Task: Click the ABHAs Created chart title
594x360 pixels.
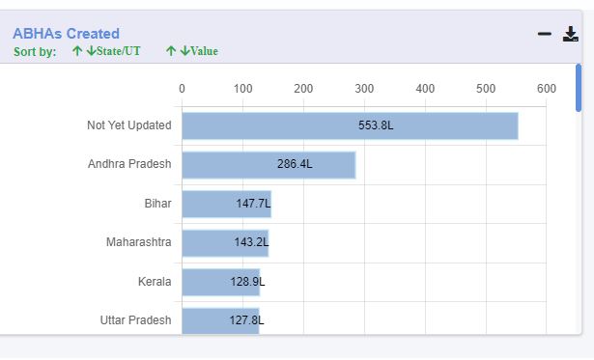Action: (x=66, y=33)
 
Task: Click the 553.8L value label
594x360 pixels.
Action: (x=376, y=125)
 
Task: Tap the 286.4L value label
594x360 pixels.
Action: (x=295, y=164)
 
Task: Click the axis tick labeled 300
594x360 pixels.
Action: (x=364, y=89)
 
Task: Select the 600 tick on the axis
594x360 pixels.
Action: (x=547, y=89)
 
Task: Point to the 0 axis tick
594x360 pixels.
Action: (x=182, y=89)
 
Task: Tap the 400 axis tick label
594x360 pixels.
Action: (x=425, y=89)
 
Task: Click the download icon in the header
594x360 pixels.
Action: (x=570, y=34)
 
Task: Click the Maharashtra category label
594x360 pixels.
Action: (x=138, y=242)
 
